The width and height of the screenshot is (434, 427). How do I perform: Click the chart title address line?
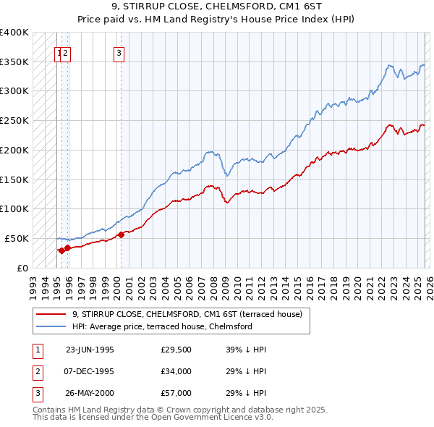pos(216,7)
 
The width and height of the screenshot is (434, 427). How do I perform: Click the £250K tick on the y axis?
pos(14,120)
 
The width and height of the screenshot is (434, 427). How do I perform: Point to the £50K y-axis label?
pos(17,238)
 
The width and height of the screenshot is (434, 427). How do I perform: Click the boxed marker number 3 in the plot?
pos(118,52)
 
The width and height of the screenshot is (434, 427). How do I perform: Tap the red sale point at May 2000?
pos(121,234)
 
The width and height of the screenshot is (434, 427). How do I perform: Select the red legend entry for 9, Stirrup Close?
pos(191,314)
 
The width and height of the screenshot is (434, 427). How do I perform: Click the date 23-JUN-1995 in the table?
pos(90,350)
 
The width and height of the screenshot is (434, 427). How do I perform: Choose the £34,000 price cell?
pos(176,371)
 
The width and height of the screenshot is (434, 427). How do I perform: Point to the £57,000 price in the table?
pos(176,393)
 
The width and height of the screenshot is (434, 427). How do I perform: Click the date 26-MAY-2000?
pos(90,393)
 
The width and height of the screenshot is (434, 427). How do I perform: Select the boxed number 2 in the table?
pos(37,371)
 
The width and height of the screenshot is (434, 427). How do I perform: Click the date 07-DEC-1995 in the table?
pos(90,371)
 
